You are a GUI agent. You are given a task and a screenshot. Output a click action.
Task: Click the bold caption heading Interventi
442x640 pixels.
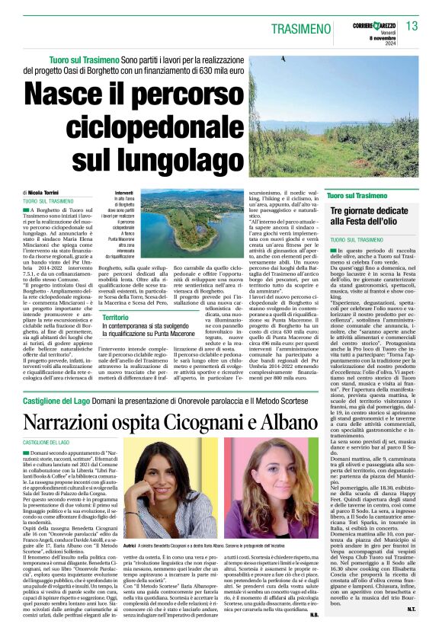tap(123, 193)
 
